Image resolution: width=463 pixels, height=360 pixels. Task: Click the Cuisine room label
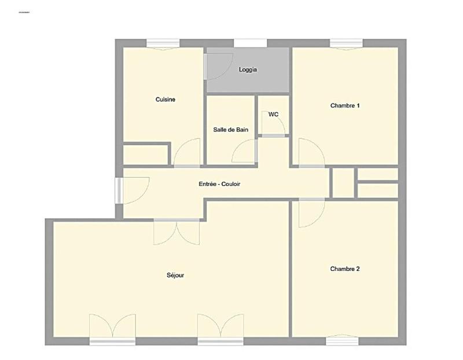(165, 100)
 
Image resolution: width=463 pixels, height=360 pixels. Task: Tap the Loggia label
(248, 70)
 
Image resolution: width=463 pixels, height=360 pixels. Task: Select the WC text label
(273, 115)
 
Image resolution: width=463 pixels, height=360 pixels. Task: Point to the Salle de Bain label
(230, 130)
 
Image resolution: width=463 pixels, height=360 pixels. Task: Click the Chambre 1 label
(345, 105)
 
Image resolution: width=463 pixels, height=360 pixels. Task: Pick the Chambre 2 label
(345, 269)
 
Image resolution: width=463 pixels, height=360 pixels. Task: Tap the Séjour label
(175, 275)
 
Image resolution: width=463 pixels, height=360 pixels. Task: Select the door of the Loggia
(219, 64)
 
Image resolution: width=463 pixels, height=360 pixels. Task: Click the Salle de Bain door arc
(243, 153)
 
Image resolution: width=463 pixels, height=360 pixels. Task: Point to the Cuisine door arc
(187, 153)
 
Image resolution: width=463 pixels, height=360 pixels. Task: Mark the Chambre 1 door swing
(311, 152)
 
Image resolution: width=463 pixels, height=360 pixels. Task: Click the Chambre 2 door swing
(310, 213)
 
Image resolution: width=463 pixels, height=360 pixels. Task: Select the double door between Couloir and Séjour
(177, 232)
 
